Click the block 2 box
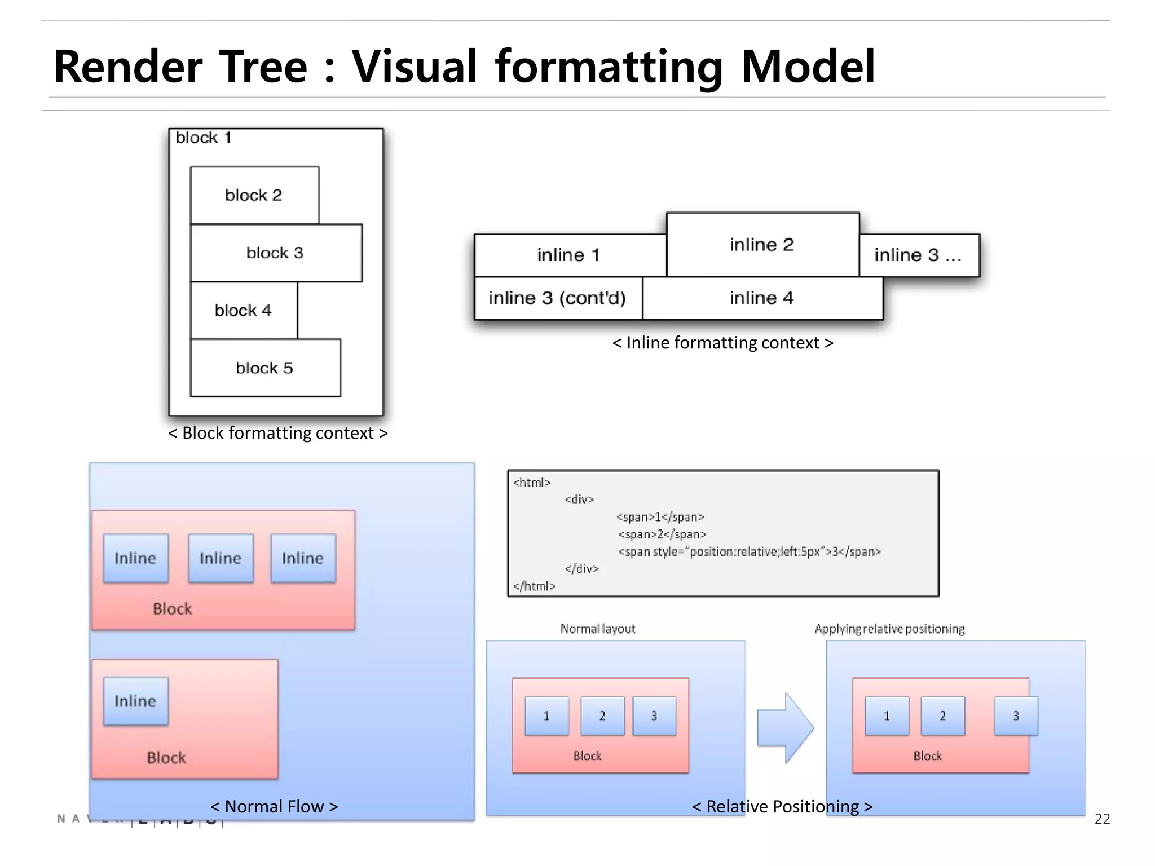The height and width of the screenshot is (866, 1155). [254, 195]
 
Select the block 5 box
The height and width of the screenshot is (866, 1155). [265, 368]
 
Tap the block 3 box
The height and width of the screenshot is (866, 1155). [276, 253]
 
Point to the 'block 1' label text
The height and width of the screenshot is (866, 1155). [204, 138]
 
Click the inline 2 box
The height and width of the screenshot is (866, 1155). [762, 244]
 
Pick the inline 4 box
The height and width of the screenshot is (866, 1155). [762, 298]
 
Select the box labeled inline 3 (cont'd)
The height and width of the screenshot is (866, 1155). [557, 298]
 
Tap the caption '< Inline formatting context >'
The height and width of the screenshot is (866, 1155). [722, 343]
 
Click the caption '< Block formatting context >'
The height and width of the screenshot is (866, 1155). [277, 433]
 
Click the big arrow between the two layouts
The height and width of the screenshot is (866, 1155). [784, 727]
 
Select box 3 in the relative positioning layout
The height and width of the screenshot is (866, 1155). [1016, 716]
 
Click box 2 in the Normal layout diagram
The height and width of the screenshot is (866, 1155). [602, 716]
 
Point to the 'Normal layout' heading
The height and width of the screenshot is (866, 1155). [598, 629]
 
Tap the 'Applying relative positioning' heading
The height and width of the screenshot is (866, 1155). [889, 629]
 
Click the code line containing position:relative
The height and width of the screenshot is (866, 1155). [749, 551]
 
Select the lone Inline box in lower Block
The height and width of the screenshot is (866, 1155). [135, 701]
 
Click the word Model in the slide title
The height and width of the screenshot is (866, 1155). [808, 67]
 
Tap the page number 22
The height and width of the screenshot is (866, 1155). [1101, 819]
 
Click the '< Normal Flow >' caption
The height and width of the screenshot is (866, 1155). [274, 806]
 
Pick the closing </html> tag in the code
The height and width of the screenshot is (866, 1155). [534, 586]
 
